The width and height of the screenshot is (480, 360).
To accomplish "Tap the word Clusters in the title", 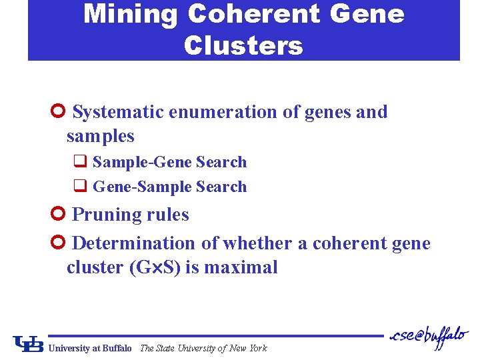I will tap(243, 46).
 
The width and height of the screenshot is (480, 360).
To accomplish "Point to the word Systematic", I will tap(119, 112).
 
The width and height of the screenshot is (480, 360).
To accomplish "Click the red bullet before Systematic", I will tap(57, 112).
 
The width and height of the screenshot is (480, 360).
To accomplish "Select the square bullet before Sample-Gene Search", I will tap(79, 162).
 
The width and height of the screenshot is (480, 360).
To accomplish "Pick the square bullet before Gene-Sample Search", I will tap(79, 187).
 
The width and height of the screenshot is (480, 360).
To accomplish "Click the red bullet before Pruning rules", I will tap(57, 215).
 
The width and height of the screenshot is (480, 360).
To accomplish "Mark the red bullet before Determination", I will tap(57, 243).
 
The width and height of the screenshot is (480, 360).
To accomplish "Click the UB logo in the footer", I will tap(29, 343).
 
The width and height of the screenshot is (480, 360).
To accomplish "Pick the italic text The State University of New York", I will tap(203, 348).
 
